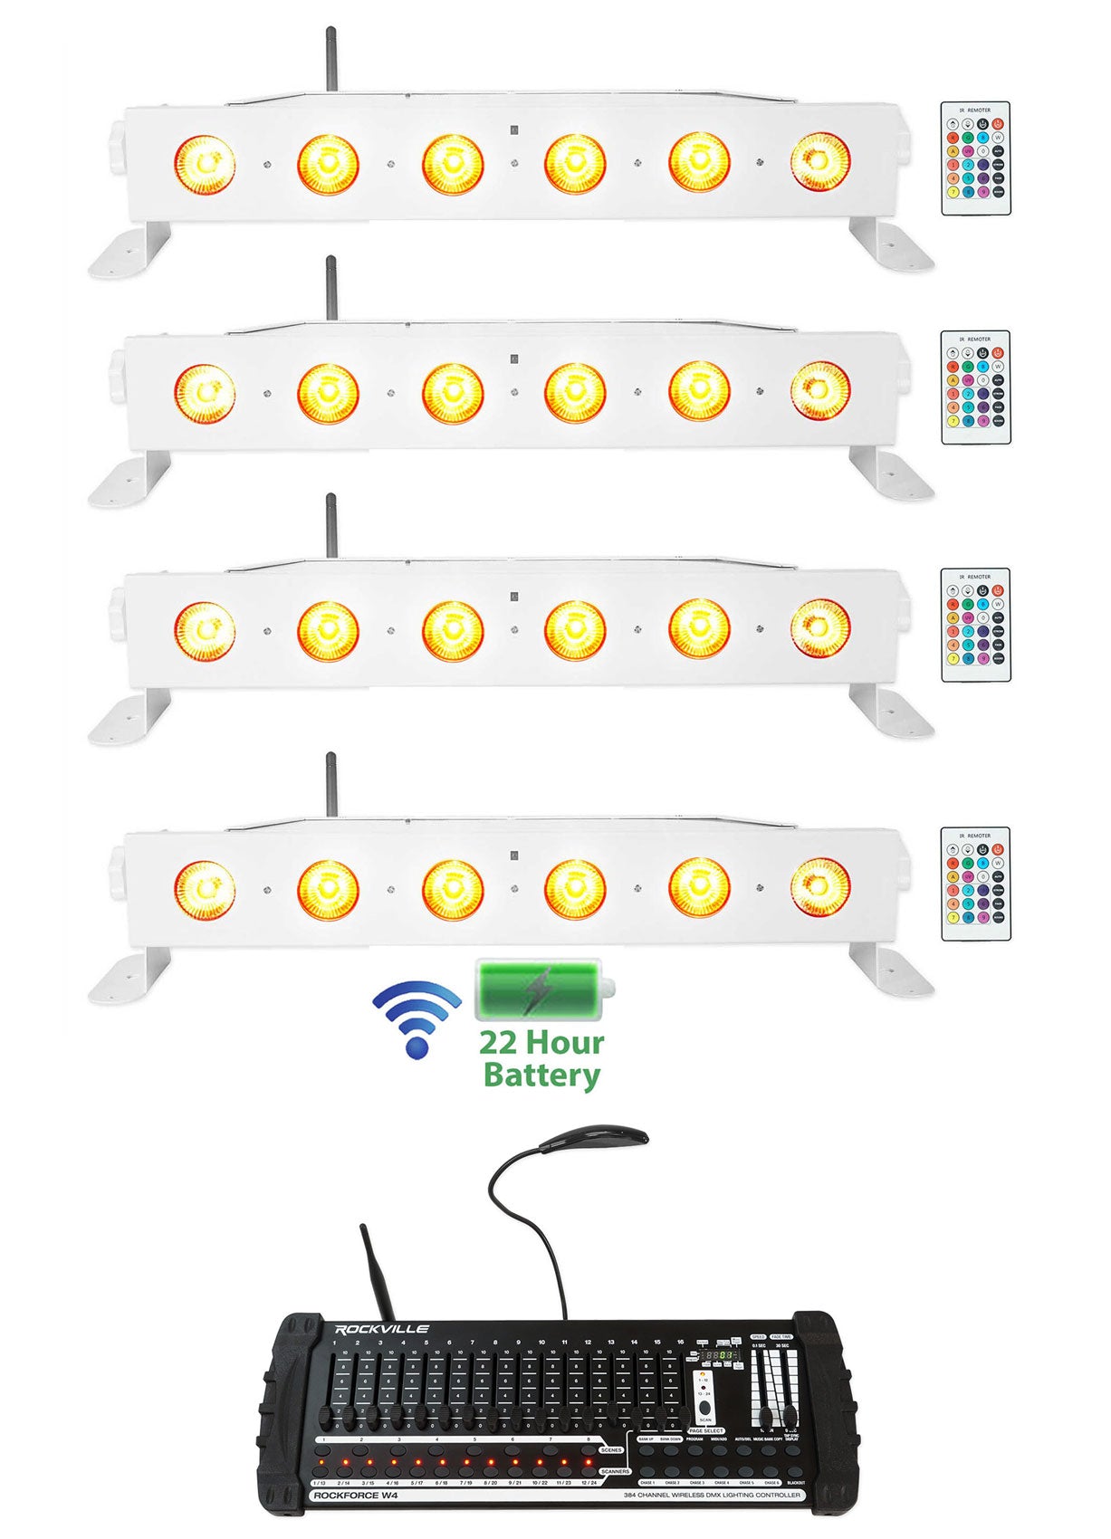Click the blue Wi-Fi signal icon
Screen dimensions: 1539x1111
tap(417, 1018)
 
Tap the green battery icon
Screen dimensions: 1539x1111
tap(540, 989)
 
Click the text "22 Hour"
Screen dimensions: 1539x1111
tap(541, 1043)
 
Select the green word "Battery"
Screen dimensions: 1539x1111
tap(541, 1075)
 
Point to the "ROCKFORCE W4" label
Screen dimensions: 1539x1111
tap(355, 1495)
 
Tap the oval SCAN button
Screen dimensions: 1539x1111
tap(705, 1408)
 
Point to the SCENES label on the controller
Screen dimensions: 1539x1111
tap(610, 1450)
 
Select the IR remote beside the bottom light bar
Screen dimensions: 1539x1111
tap(975, 884)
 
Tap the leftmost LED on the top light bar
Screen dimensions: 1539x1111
tap(205, 164)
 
